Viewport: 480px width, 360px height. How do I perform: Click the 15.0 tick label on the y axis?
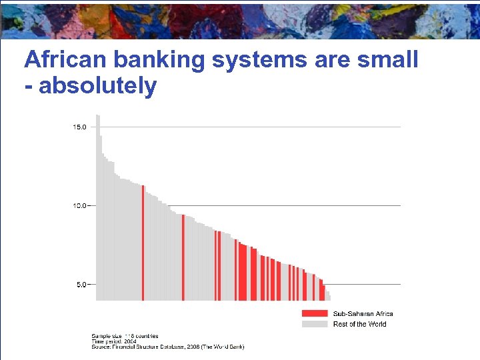click(x=79, y=127)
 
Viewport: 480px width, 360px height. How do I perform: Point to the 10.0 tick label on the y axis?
click(x=79, y=205)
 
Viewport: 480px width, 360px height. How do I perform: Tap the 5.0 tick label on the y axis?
click(x=81, y=284)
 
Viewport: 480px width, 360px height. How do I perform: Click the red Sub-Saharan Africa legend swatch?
click(x=315, y=313)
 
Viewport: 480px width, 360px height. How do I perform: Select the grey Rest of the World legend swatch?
click(x=315, y=324)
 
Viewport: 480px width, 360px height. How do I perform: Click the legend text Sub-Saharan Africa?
click(x=363, y=313)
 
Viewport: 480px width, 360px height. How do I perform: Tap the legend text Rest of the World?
click(x=359, y=324)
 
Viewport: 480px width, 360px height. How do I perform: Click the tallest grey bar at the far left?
click(x=97, y=207)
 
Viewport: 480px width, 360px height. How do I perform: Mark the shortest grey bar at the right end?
click(x=328, y=297)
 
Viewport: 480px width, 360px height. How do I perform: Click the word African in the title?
click(x=67, y=60)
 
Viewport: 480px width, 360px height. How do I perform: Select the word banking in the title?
click(x=160, y=60)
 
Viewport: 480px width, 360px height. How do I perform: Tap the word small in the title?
click(x=387, y=60)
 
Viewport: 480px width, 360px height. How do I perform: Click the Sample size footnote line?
click(x=125, y=336)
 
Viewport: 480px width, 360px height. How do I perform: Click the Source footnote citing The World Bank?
click(x=167, y=347)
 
